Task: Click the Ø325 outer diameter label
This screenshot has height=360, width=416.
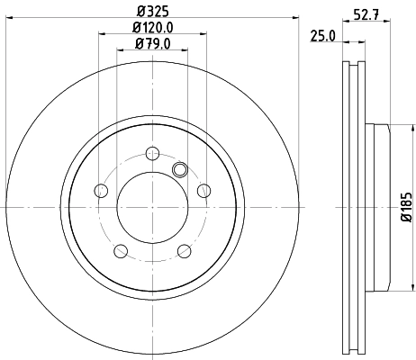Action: tap(151, 12)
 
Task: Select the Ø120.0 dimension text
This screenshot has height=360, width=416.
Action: tap(151, 28)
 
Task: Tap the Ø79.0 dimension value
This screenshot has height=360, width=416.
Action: tap(151, 43)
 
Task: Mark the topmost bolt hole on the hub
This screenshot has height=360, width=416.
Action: tap(151, 152)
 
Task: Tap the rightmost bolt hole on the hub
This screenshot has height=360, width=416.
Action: tap(204, 190)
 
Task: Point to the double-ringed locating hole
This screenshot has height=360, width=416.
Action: tap(178, 168)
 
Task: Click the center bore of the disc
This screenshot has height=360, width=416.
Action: tap(151, 208)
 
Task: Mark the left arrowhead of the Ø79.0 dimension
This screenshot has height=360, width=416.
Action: tap(120, 51)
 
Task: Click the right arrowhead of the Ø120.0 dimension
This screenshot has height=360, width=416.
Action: tap(203, 36)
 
